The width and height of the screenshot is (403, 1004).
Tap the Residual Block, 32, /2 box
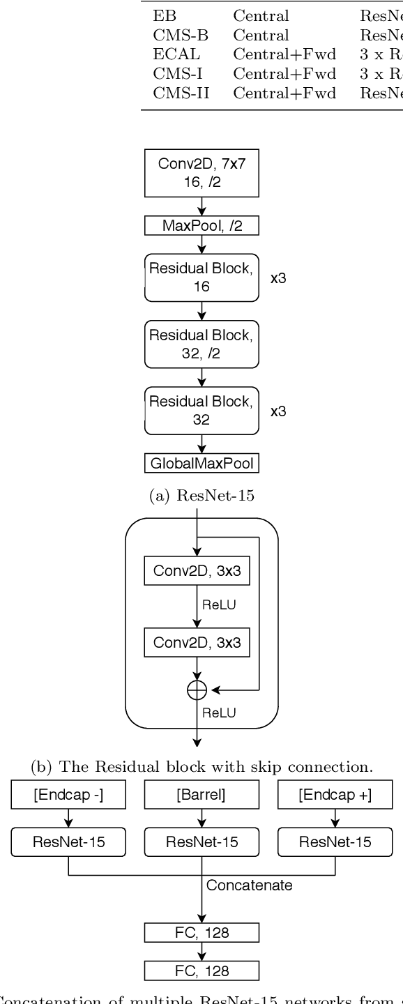tap(201, 344)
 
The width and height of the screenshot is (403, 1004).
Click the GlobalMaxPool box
tap(201, 463)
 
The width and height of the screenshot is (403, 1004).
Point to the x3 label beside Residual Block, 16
tap(278, 277)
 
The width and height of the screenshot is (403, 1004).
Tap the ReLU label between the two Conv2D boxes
tap(218, 605)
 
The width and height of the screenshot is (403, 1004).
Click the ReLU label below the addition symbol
tap(218, 712)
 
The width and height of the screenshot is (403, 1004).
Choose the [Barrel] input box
tap(201, 794)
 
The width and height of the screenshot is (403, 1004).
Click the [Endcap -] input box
tap(68, 794)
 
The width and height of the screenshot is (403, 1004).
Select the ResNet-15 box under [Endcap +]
tap(335, 842)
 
